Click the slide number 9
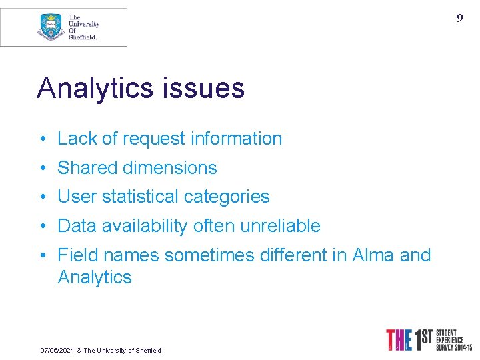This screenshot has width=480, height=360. (x=459, y=18)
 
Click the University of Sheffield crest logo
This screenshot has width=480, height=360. (x=51, y=27)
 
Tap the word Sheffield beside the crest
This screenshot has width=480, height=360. (x=83, y=37)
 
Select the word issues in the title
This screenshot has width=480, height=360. (x=211, y=88)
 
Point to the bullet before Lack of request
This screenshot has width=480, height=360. (x=42, y=139)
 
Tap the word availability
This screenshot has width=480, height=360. (x=147, y=226)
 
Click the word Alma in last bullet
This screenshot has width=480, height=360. (x=374, y=255)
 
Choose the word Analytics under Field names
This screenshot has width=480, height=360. (x=95, y=277)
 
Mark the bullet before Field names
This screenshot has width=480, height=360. (x=42, y=255)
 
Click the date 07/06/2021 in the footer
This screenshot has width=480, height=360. (x=55, y=350)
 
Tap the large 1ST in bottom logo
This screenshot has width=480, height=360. (x=421, y=340)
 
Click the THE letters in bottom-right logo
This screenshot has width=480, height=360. (x=399, y=340)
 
